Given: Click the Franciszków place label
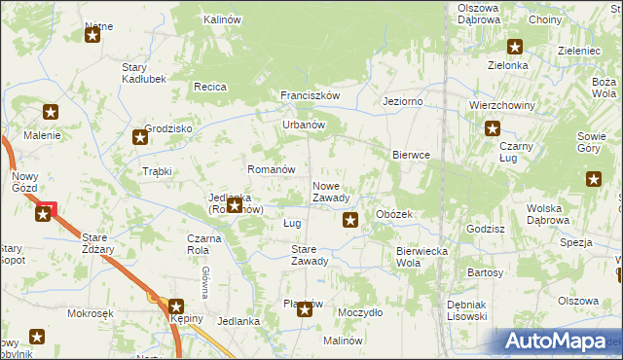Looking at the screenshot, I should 309,95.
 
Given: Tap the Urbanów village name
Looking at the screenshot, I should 303,125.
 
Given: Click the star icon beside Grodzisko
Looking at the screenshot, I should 140,137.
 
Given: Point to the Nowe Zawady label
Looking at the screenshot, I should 331,192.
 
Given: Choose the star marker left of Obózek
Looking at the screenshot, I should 350,221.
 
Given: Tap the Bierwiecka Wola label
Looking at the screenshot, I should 421,257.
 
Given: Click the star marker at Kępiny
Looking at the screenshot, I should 176,306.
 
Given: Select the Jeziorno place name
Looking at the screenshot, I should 403,101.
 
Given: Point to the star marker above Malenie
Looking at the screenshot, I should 51,113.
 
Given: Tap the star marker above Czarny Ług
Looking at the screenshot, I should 493,127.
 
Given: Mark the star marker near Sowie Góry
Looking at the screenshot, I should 594,178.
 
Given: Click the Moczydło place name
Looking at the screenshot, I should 359,313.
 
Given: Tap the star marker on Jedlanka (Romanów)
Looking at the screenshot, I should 234,206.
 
